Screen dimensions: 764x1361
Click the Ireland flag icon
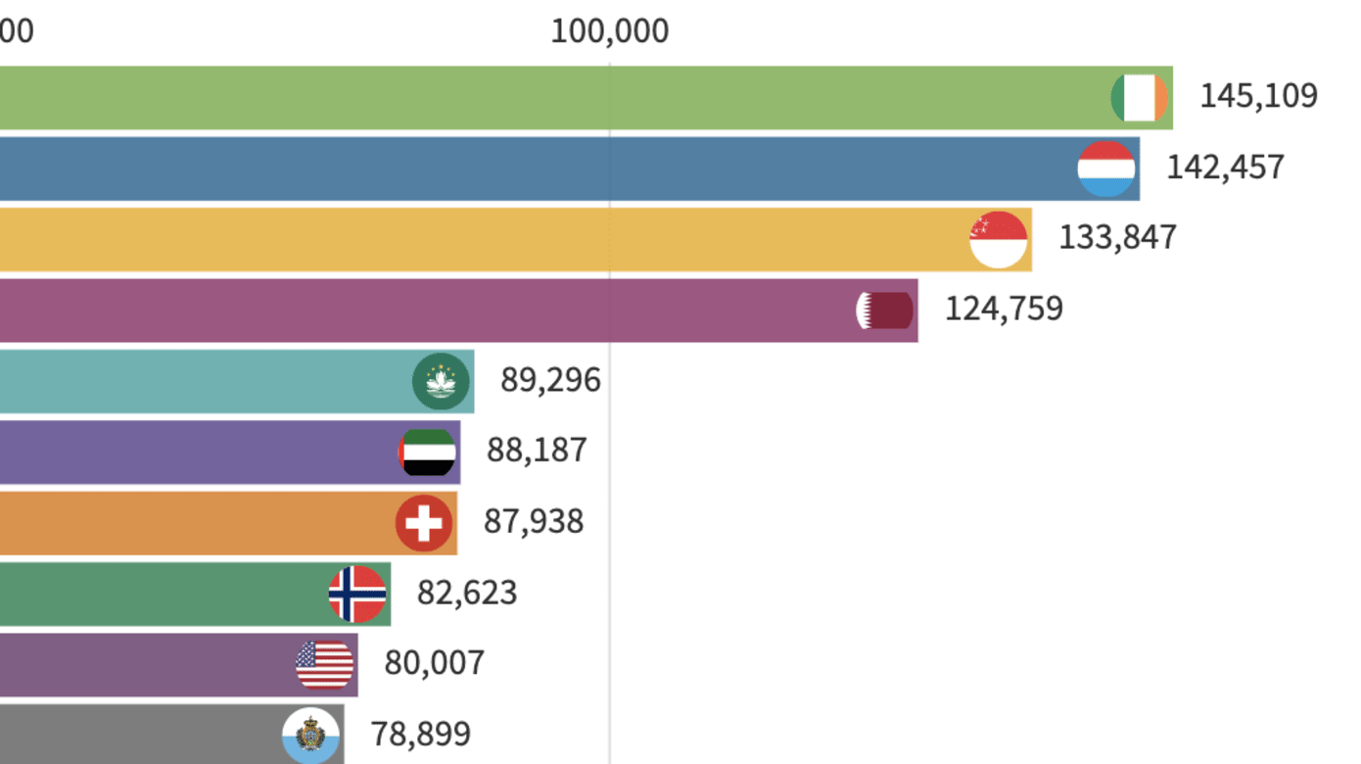[1140, 98]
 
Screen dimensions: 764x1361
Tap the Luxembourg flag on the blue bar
[1106, 168]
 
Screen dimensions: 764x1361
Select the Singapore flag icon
[999, 239]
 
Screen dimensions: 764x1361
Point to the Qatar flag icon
[885, 310]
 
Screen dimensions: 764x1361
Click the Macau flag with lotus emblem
[441, 381]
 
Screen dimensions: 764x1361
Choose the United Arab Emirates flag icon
[428, 453]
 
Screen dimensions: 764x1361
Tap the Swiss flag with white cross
[424, 523]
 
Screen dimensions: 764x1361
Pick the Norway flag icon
[357, 594]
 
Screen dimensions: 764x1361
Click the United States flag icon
[324, 665]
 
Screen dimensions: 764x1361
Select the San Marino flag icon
[311, 736]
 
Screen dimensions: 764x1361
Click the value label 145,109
[1258, 96]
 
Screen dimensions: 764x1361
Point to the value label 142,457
[1225, 167]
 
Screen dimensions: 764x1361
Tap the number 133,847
[1117, 237]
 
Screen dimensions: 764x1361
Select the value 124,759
[1004, 309]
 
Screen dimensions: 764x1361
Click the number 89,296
[550, 380]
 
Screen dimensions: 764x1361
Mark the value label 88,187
[537, 451]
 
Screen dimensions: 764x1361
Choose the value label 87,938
[534, 521]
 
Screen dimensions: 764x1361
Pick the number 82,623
[467, 593]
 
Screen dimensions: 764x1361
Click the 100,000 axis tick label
[609, 31]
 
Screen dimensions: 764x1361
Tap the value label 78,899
[420, 734]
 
